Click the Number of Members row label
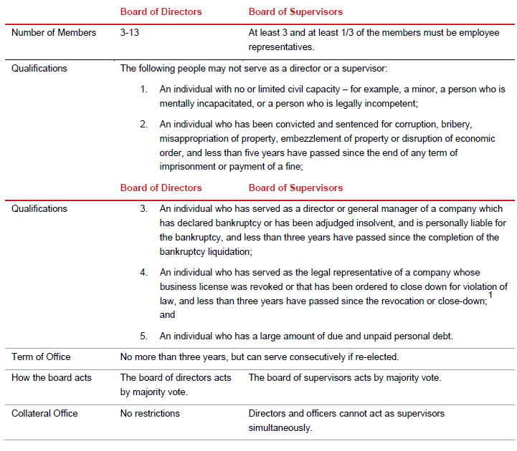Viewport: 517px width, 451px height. point(54,33)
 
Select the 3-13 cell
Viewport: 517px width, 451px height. point(131,33)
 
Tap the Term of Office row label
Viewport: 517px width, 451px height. point(41,357)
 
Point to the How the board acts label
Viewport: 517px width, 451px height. point(52,377)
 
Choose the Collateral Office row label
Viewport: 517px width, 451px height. point(44,413)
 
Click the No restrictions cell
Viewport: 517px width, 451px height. point(150,413)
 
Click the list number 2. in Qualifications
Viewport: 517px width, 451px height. point(143,125)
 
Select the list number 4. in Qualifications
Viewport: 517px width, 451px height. point(143,273)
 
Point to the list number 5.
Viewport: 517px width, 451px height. point(143,336)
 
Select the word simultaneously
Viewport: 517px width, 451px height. point(280,427)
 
